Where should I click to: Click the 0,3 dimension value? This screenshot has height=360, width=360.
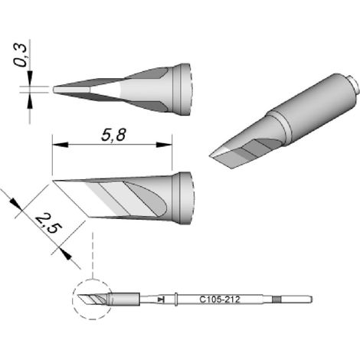(21, 55)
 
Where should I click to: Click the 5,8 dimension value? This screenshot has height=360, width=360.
(113, 135)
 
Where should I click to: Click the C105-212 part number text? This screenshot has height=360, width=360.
(220, 299)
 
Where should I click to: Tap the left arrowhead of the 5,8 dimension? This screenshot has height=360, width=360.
(61, 145)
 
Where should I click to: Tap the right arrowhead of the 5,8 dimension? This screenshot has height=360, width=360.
(164, 145)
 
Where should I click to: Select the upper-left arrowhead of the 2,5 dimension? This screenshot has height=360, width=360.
(15, 205)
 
